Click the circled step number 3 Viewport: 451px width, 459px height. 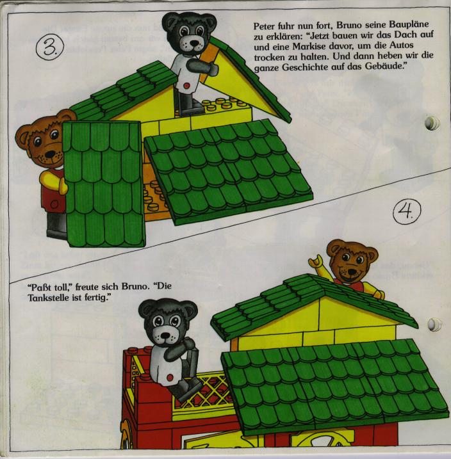point(50,47)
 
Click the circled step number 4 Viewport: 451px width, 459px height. point(407,211)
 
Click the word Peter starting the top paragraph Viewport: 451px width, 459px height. point(264,26)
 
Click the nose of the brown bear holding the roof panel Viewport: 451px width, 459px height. point(51,154)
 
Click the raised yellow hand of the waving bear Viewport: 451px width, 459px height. point(315,261)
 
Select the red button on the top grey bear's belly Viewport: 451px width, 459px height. point(186,86)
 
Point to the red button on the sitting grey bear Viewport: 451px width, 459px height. point(170,377)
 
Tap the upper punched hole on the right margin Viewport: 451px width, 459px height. point(432,123)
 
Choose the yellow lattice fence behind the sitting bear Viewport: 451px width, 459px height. point(205,392)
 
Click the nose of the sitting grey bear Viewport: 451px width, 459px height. point(165,335)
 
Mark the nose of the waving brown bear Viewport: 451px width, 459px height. point(350,273)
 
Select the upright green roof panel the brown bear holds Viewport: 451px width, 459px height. point(104,184)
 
